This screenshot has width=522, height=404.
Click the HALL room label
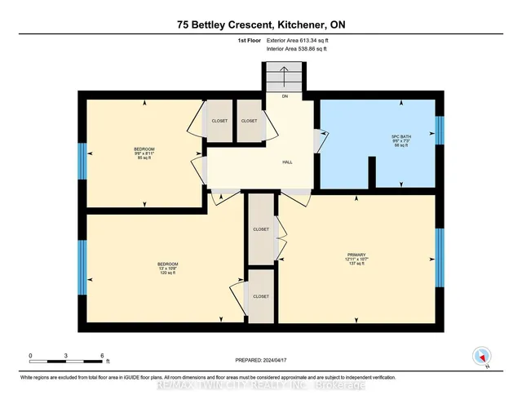(x=287, y=162)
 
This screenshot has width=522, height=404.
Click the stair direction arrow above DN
(x=283, y=80)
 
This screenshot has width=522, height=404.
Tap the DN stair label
(x=285, y=96)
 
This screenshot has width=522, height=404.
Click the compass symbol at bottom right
(x=482, y=356)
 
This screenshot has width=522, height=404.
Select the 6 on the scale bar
(x=103, y=356)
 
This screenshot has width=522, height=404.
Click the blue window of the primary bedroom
(x=440, y=258)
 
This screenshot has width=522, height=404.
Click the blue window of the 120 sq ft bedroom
(x=82, y=267)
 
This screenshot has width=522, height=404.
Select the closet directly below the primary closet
(x=262, y=296)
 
